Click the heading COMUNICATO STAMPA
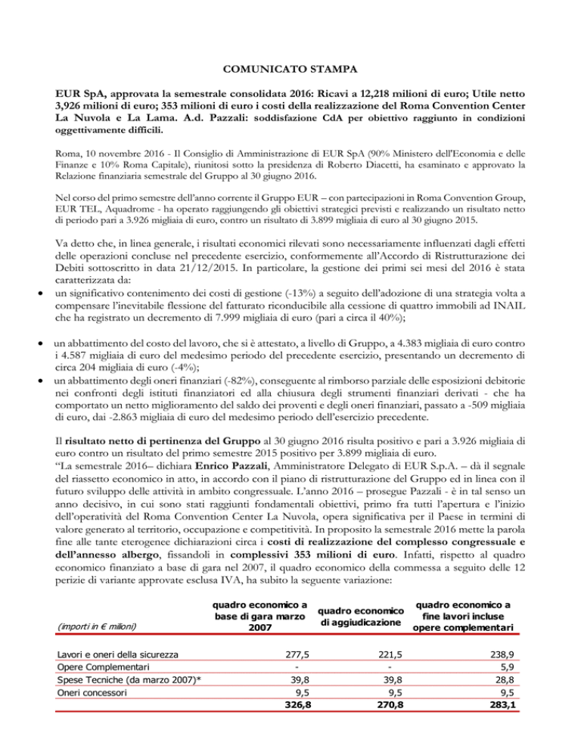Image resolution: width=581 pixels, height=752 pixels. pyautogui.click(x=290, y=70)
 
